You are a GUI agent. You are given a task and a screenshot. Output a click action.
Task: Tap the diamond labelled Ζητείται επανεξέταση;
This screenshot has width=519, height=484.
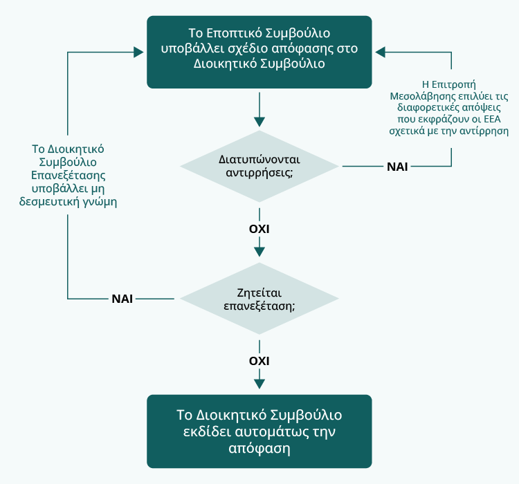tap(259, 299)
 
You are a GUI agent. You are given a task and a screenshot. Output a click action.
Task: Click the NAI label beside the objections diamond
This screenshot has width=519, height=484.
tap(397, 167)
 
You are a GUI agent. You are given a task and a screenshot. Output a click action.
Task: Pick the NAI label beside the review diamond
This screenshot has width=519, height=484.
tap(122, 299)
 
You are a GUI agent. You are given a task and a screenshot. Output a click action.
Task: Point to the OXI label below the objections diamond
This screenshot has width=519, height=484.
tap(259, 228)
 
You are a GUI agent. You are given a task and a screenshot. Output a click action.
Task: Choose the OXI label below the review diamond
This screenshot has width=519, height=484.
tap(259, 361)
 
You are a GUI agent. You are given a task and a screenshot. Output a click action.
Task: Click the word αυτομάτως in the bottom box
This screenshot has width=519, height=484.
tap(262, 432)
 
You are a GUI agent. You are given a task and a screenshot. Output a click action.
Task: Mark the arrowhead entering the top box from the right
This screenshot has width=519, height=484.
tap(380, 51)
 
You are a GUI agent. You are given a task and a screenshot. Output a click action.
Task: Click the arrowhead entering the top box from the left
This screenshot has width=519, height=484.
tap(140, 51)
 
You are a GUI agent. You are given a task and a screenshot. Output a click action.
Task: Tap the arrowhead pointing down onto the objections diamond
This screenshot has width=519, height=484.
tap(259, 122)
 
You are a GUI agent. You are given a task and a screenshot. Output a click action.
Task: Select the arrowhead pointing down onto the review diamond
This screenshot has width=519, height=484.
tap(259, 252)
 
